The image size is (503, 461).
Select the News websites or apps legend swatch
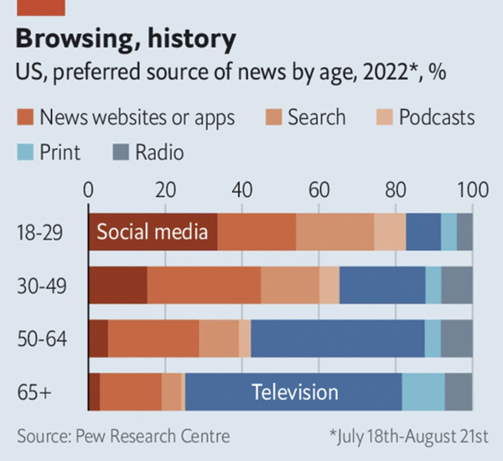(x=26, y=117)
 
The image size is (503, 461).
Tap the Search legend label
(x=315, y=117)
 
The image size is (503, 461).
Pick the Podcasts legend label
(x=436, y=117)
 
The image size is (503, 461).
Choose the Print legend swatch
(x=26, y=153)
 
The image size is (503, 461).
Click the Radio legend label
(x=161, y=153)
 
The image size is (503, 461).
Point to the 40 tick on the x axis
(x=242, y=189)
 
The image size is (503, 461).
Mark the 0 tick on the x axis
(x=89, y=189)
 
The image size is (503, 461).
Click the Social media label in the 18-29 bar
(x=152, y=232)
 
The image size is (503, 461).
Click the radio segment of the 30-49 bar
(x=456, y=285)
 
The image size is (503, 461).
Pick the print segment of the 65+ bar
(x=423, y=392)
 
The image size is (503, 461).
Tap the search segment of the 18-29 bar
(x=334, y=232)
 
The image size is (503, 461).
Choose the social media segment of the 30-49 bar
(x=118, y=285)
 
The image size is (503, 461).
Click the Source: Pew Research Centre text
(x=122, y=436)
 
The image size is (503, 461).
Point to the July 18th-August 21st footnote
(x=409, y=436)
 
